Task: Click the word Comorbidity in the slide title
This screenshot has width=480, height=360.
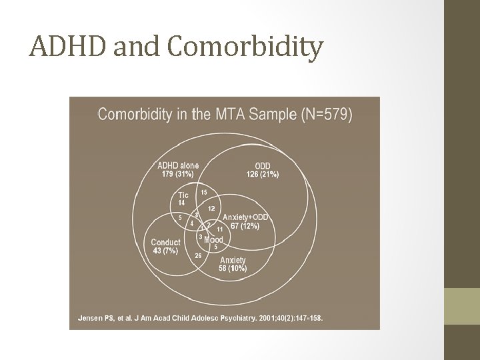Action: (x=246, y=47)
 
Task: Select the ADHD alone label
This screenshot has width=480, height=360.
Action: (x=177, y=165)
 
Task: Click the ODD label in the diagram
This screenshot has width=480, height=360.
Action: (x=263, y=166)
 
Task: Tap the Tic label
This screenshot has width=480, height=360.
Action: (x=183, y=195)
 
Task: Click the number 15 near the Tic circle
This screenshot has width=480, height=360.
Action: (x=204, y=192)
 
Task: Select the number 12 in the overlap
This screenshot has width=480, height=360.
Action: (x=211, y=209)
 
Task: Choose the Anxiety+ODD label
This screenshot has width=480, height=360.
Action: (x=245, y=217)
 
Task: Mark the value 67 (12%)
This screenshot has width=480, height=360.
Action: (x=245, y=226)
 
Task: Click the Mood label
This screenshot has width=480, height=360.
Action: (x=213, y=239)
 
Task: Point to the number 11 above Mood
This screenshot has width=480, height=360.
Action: (x=219, y=229)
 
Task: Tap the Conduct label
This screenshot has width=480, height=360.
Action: (x=165, y=242)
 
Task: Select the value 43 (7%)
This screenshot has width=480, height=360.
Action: (x=165, y=251)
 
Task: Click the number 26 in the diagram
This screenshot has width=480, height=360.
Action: (x=198, y=255)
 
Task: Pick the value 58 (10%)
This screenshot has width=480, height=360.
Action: (x=233, y=268)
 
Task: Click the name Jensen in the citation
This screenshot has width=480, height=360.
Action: (x=91, y=318)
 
